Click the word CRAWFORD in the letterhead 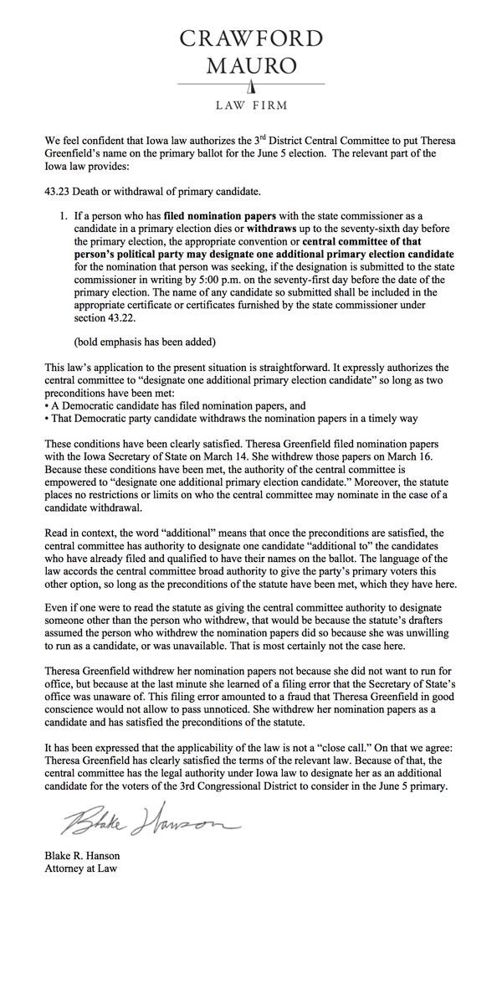coord(252,39)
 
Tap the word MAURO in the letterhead coord(252,65)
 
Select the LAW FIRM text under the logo coord(251,106)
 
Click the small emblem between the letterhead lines coord(251,86)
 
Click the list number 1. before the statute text coord(64,215)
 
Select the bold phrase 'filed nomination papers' coord(214,215)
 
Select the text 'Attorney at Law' coord(81,868)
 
